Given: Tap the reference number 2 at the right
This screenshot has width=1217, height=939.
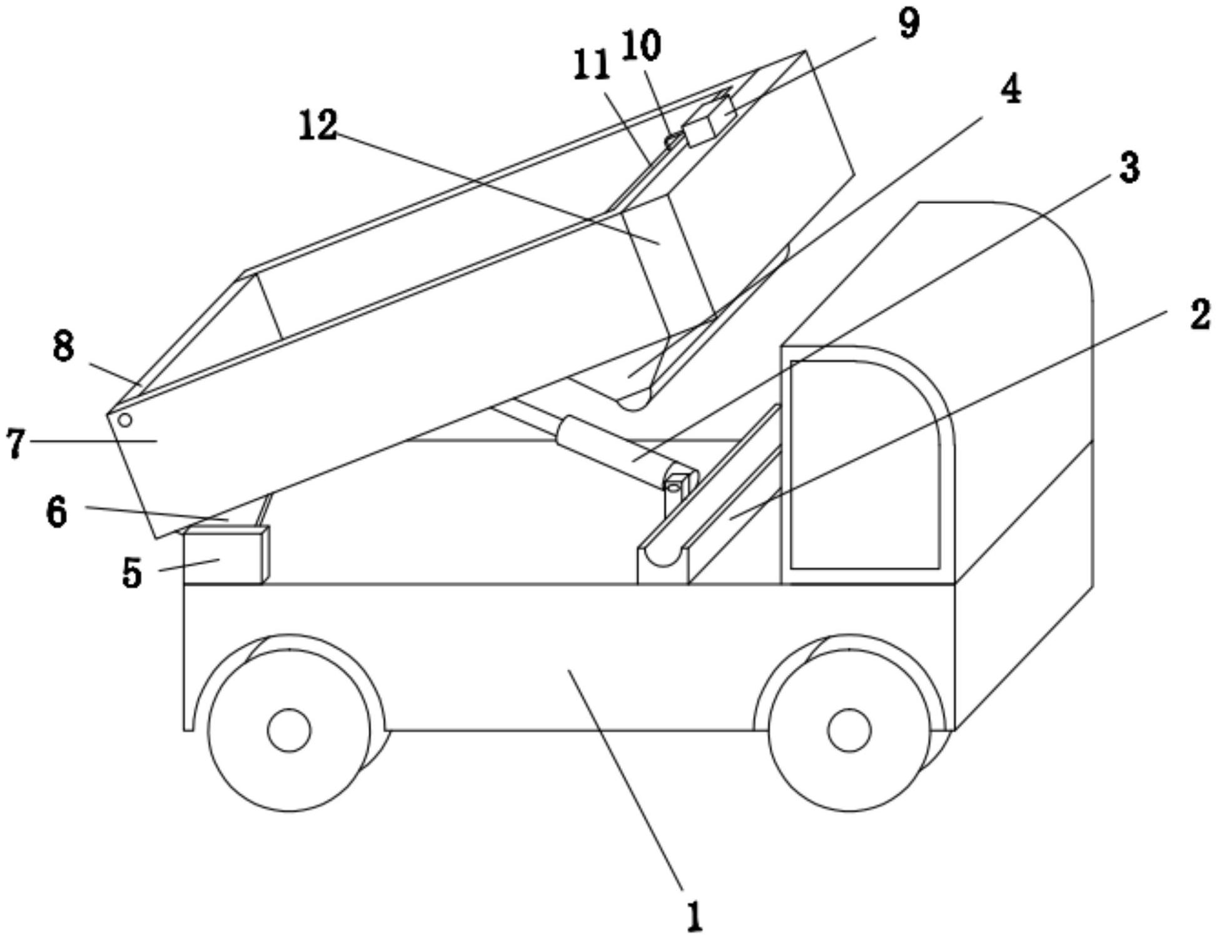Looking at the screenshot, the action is pos(1199,315).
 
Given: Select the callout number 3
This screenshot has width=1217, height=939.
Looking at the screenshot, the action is pos(1129,168).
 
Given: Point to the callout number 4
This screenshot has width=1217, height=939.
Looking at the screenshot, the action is pos(1011,88).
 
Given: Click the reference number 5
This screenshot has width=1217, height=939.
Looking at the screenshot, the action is pos(132,572).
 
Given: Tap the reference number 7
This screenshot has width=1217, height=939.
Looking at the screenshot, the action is pos(16,442).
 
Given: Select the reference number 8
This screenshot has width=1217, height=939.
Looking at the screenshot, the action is pos(63,346).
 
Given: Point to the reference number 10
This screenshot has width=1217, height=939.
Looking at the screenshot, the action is pos(641,46).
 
